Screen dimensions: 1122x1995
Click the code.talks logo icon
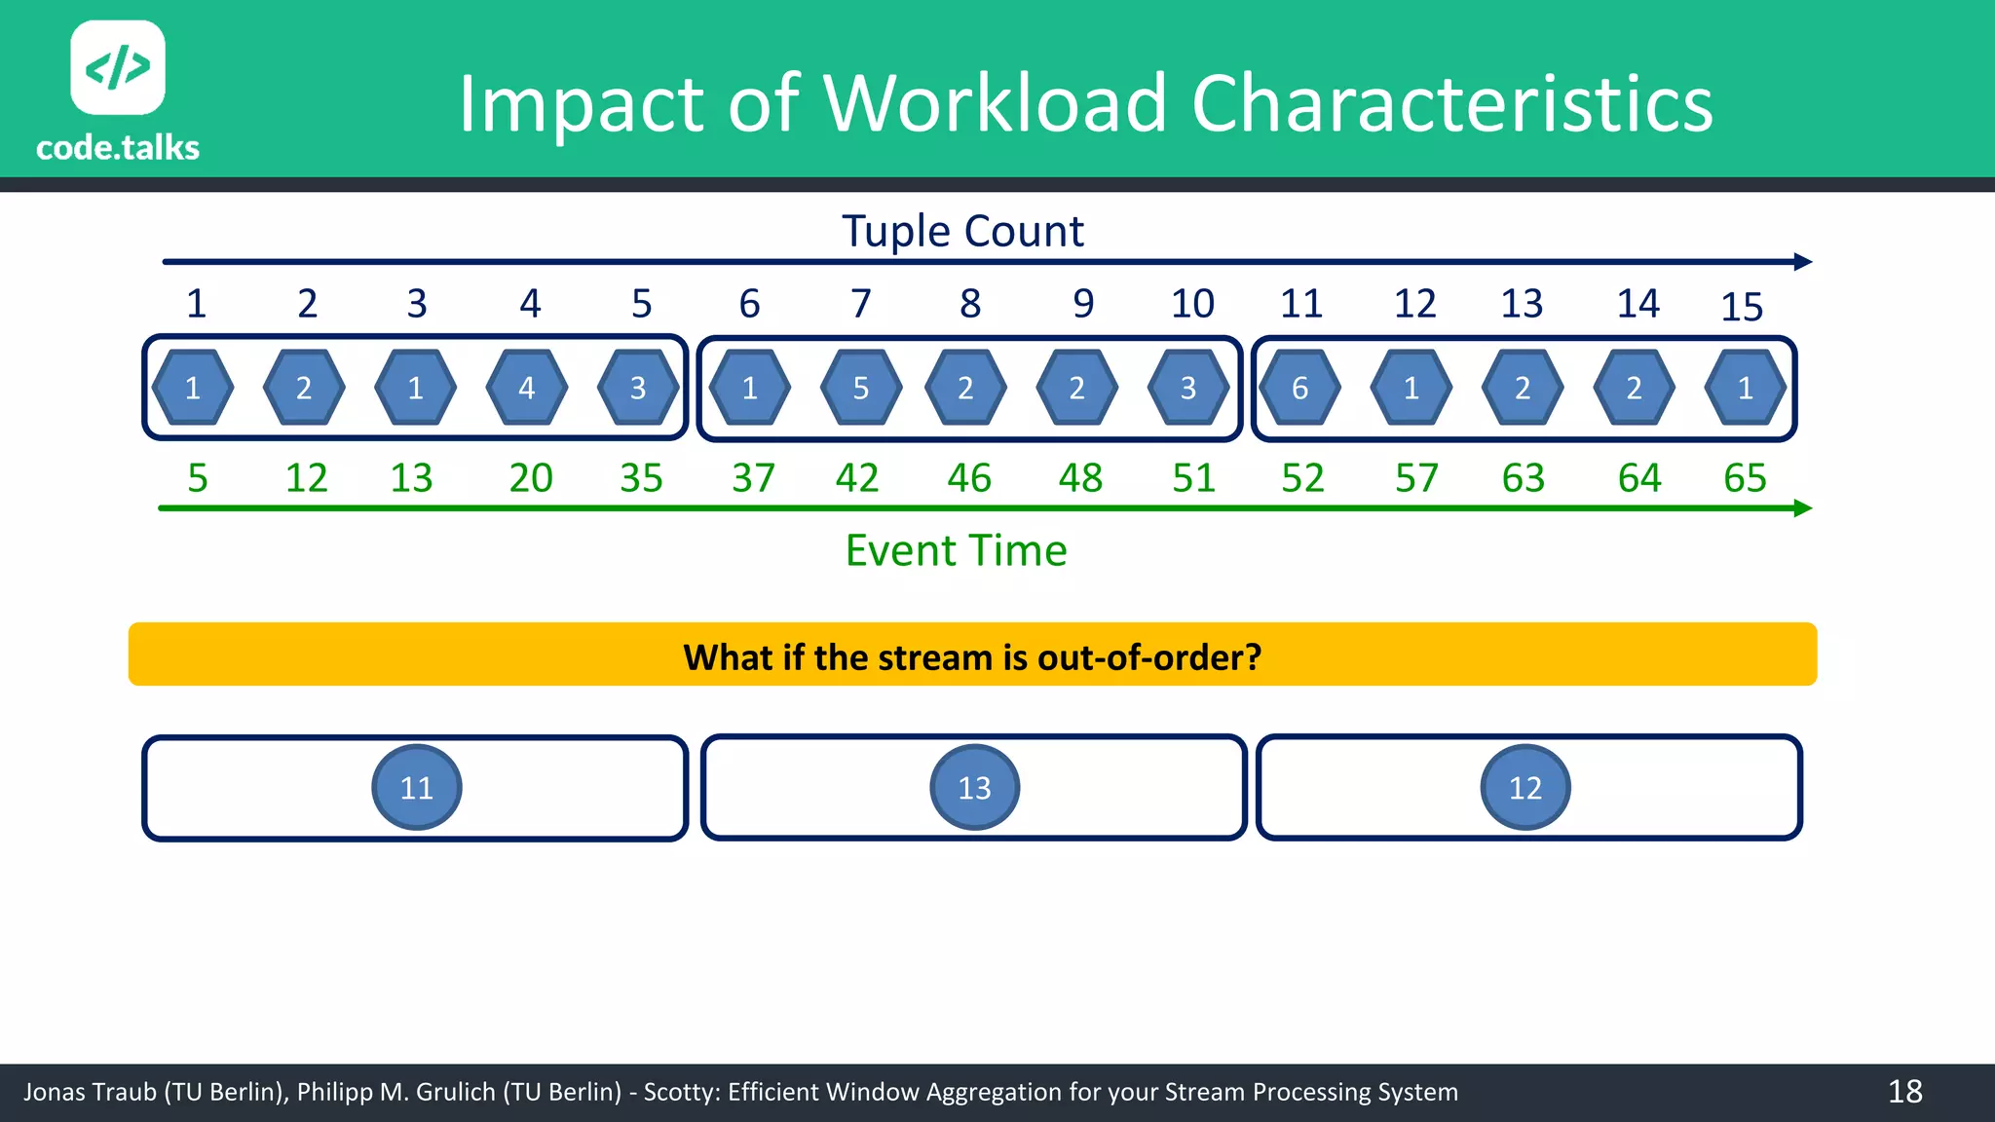[118, 67]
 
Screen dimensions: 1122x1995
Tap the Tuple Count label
[962, 232]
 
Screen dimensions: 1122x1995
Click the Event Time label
[956, 550]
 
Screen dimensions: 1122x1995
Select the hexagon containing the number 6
[1299, 388]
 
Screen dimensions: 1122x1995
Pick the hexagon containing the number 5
[861, 388]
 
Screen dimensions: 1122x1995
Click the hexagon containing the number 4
[527, 388]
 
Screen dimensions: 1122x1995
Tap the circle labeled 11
[417, 787]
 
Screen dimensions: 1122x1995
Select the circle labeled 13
[974, 787]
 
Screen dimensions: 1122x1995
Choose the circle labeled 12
[1525, 787]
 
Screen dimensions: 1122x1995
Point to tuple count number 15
[1742, 307]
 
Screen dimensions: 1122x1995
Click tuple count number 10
[1192, 304]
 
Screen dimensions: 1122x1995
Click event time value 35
[641, 478]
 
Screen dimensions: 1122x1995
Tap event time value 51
[1193, 478]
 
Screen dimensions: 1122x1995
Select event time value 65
[1745, 478]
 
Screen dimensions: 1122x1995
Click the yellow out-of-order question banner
[972, 654]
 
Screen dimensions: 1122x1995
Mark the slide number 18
[1904, 1092]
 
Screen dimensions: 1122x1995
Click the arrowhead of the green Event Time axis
[1803, 508]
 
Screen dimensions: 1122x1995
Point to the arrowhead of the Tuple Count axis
[1803, 262]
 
